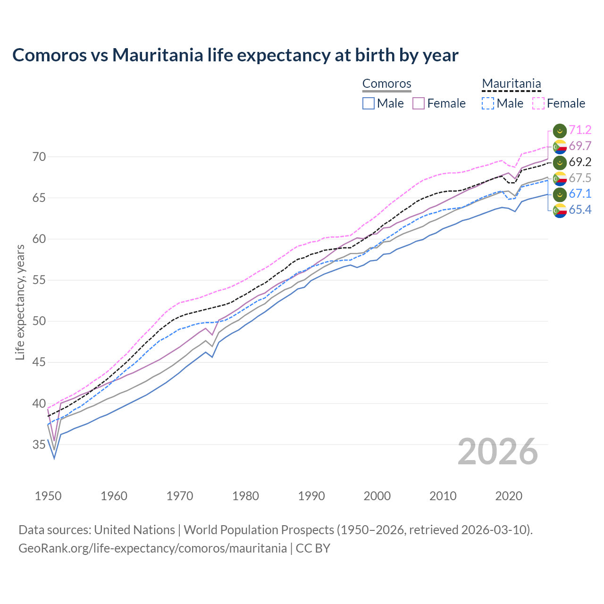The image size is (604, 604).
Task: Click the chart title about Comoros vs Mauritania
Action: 235,55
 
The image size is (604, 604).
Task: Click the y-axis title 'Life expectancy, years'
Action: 20,302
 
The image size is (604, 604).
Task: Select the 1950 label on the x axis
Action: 48,496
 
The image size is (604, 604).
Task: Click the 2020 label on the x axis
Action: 509,496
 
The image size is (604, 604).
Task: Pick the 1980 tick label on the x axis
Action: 245,496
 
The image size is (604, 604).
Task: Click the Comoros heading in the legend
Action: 386,84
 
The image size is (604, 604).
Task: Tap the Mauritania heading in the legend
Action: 511,84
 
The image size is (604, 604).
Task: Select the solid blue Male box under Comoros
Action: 369,103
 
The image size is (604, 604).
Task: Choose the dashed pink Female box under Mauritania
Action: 538,103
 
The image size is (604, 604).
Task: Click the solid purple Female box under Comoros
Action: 419,103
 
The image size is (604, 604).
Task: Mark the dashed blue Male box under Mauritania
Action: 488,103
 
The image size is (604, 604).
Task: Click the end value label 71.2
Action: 580,130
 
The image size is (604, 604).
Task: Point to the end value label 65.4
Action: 580,210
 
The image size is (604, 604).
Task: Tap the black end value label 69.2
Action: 580,162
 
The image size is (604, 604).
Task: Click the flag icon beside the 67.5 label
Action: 560,178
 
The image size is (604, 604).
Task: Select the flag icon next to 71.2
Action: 560,130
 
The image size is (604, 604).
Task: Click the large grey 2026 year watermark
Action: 497,452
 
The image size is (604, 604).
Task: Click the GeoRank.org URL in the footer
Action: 152,548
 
